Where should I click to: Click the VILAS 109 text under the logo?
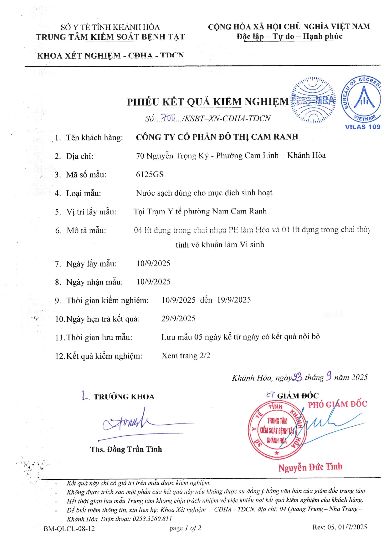[x=362, y=127]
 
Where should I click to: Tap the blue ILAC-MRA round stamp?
[x=313, y=100]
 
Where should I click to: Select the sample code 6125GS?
[x=150, y=174]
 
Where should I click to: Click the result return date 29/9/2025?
[x=178, y=319]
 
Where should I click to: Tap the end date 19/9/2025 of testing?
[x=234, y=300]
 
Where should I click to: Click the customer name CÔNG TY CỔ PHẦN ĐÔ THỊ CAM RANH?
[x=217, y=137]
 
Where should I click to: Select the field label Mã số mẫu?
[x=86, y=175]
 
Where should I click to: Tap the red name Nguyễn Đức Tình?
[x=310, y=467]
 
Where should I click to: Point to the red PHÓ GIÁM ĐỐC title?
[x=337, y=404]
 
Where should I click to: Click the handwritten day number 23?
[x=297, y=377]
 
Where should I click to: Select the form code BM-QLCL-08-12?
[x=69, y=529]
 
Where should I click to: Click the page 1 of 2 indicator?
[x=185, y=528]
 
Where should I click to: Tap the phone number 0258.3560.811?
[x=152, y=519]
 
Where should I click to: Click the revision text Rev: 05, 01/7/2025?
[x=340, y=527]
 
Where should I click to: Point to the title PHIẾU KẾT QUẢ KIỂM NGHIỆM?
[x=208, y=102]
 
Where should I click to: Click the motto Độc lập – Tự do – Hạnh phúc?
[x=289, y=37]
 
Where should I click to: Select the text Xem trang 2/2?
[x=186, y=356]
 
